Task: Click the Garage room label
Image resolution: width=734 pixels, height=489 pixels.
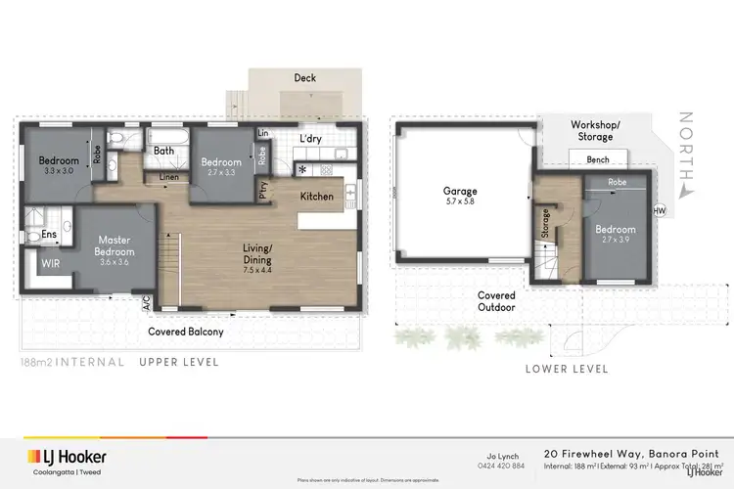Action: (x=460, y=192)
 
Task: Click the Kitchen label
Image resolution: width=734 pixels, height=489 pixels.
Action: (x=316, y=197)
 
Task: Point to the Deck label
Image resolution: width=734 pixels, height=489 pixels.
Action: (x=304, y=77)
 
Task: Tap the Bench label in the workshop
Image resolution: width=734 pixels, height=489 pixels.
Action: (x=598, y=159)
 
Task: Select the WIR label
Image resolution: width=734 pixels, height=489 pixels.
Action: (x=51, y=262)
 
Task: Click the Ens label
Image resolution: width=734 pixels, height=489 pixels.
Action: (x=48, y=235)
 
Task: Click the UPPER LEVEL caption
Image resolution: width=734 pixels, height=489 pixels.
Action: (x=177, y=362)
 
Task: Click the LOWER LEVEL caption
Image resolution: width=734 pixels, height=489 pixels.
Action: (x=567, y=369)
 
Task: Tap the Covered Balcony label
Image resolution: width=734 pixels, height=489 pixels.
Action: (x=186, y=332)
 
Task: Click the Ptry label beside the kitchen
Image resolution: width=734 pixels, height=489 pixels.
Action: (x=262, y=190)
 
